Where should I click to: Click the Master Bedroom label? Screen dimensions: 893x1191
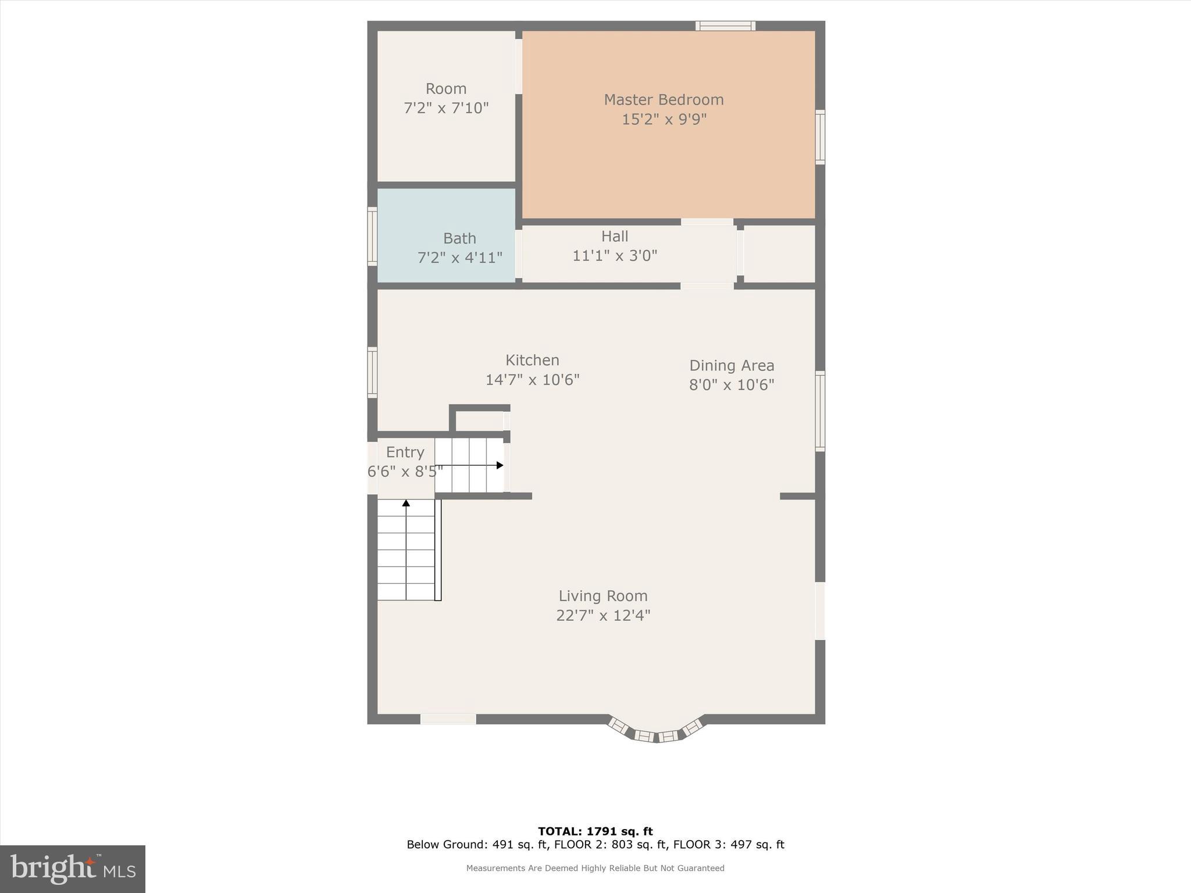664,100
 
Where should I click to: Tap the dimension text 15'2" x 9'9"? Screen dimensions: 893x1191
664,120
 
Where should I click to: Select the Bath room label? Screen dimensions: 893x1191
459,238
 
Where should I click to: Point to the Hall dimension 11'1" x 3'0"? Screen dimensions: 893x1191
615,256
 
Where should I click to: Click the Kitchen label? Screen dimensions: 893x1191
532,360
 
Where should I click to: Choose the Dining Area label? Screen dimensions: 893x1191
732,366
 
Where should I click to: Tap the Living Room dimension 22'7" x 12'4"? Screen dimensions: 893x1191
603,615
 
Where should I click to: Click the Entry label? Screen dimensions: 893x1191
405,452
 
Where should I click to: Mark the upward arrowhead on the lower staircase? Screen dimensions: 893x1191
406,503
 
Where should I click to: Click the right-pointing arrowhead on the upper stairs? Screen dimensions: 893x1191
500,465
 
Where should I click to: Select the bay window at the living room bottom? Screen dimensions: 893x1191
656,733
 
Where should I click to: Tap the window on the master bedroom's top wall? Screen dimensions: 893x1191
725,26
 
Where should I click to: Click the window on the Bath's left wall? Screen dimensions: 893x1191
372,237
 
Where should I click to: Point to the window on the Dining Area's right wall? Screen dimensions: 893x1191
820,411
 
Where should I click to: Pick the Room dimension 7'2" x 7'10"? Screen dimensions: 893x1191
446,108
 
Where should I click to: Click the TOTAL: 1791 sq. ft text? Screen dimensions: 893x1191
595,831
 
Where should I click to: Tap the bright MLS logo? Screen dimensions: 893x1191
73,869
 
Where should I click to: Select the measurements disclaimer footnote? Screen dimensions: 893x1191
595,868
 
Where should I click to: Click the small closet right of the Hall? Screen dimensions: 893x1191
779,254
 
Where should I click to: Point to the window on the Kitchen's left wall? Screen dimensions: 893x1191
372,372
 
